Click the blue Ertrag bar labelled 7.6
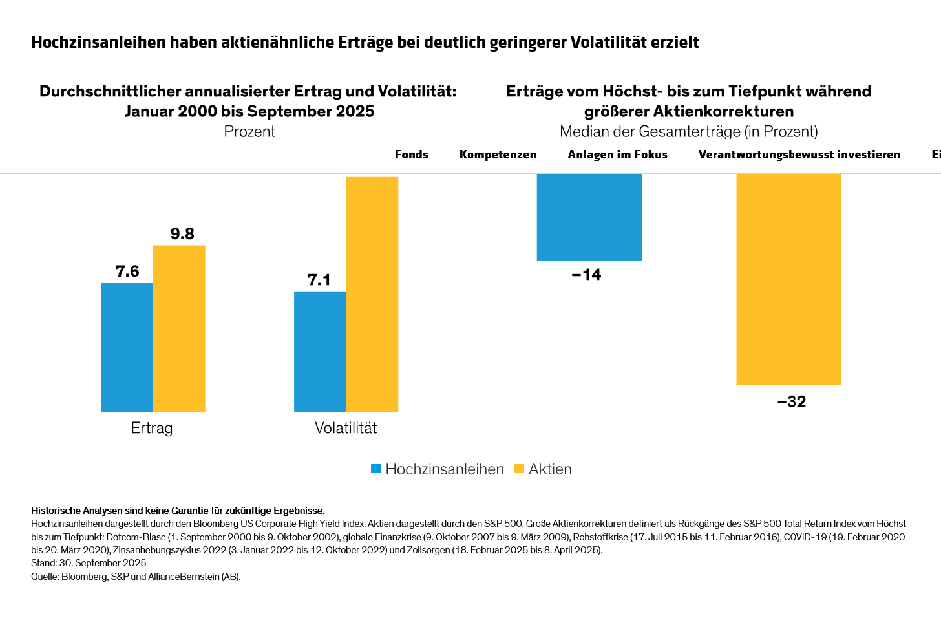pos(127,347)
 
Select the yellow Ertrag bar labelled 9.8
pos(179,328)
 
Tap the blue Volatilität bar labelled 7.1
pos(320,352)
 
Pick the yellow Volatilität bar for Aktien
pos(372,294)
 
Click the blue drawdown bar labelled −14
pos(589,217)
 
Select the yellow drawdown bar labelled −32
pos(788,279)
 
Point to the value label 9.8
pos(182,233)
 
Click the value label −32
pos(792,401)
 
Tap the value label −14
pos(586,275)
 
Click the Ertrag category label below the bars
pos(152,428)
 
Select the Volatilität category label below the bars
pos(346,428)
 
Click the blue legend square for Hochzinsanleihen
pos(375,469)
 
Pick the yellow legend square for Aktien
pos(519,469)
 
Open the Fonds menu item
pos(412,155)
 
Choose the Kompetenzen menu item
pos(498,155)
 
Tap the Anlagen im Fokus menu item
pos(617,155)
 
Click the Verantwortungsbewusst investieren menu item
pos(799,155)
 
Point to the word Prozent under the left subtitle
pos(249,131)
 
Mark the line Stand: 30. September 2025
pos(89,563)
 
